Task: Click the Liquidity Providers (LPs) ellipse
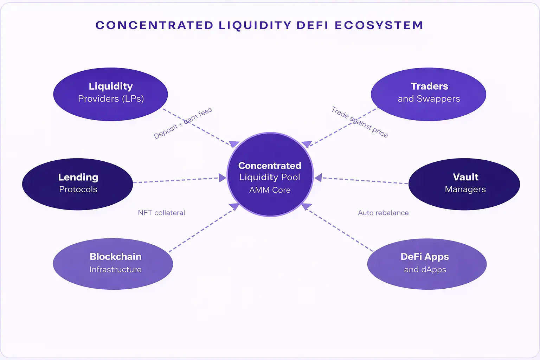pos(110,94)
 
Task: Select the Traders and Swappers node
pos(428,94)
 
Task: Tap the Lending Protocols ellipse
pos(77,184)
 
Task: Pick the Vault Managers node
pos(464,184)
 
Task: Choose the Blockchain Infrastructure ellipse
pos(113,264)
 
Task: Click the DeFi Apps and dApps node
pos(427,264)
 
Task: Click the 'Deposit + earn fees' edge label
pos(183,123)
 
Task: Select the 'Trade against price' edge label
pos(359,122)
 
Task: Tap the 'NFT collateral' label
pos(161,213)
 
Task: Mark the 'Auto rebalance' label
pos(383,213)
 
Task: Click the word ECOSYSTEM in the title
pos(379,25)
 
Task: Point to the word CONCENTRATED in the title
pos(154,25)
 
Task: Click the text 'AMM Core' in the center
pos(270,190)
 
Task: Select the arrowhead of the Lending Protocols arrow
pos(223,178)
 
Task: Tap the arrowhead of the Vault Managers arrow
pos(318,178)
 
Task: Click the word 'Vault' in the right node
pos(465,177)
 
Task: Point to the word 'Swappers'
pos(438,99)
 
